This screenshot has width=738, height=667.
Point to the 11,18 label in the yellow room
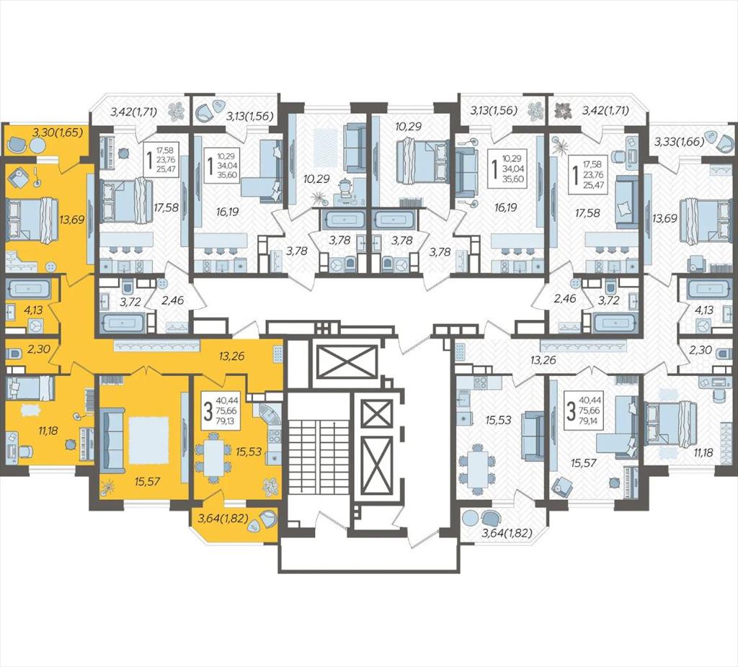[x=45, y=431]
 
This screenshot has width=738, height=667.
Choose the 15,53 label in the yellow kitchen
[x=249, y=453]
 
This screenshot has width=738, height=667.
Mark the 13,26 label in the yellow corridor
[x=231, y=356]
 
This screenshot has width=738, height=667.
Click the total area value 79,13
[x=227, y=420]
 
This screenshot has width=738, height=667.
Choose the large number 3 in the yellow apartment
[x=207, y=411]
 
